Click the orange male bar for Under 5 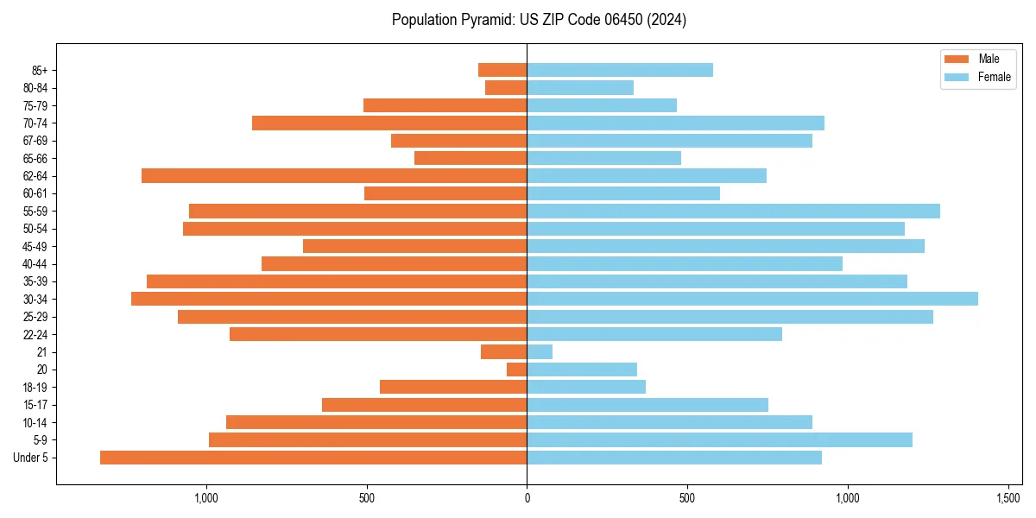point(313,458)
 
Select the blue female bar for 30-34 point(752,299)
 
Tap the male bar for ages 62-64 point(334,175)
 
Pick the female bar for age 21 point(540,351)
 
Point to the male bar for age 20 point(517,370)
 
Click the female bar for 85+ point(620,70)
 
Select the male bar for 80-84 point(506,87)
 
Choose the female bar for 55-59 point(733,211)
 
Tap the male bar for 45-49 point(415,246)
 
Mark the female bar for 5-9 point(719,439)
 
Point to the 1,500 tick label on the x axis point(1008,498)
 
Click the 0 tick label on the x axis point(527,498)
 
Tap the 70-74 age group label point(35,123)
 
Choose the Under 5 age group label point(31,458)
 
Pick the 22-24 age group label point(35,334)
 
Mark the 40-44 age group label point(35,263)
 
